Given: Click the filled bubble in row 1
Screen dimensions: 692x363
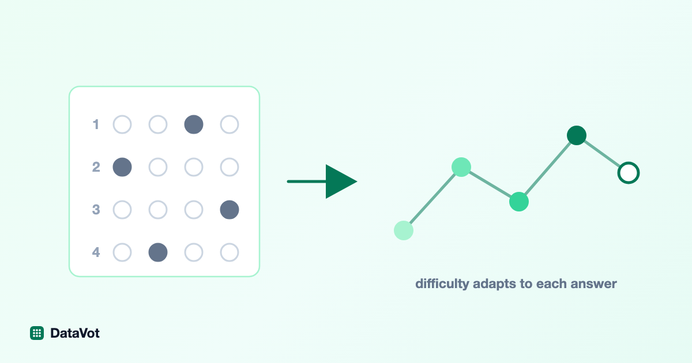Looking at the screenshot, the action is point(194,124).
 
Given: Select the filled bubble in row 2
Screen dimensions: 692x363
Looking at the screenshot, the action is point(122,167).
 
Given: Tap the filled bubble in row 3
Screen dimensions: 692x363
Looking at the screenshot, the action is point(230,210).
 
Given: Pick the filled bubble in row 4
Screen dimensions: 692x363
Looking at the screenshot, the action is point(158,252).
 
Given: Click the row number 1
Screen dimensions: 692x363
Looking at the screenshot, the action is point(96,124).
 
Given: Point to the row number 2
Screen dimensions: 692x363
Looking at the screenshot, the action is point(96,167).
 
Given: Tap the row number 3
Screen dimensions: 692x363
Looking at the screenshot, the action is point(96,210).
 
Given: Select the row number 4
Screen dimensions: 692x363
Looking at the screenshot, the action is point(96,252).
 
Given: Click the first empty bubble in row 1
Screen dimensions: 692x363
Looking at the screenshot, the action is point(122,124).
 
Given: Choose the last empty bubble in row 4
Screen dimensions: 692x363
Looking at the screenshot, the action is point(230,252).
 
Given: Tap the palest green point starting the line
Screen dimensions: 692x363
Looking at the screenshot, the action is point(404,230).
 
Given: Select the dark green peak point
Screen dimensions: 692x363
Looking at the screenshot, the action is point(577,135).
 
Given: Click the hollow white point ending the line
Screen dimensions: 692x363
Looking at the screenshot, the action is point(629,172).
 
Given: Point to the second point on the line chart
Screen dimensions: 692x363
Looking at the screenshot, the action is point(461,167).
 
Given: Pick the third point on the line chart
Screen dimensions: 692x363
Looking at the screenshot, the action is point(519,202).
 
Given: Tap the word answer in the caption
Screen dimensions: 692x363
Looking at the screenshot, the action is point(593,284).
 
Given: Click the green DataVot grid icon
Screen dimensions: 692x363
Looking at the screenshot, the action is point(37,333).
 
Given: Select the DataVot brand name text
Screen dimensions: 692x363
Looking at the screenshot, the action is point(75,333).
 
